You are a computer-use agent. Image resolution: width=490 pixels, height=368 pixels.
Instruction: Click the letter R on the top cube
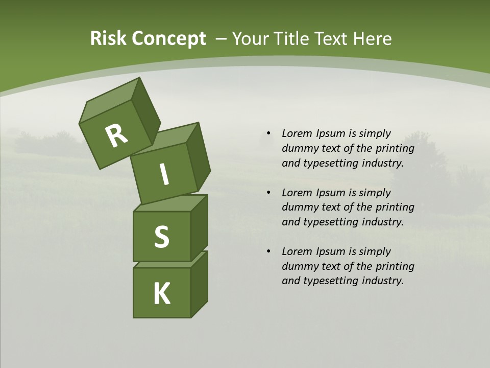click(x=116, y=136)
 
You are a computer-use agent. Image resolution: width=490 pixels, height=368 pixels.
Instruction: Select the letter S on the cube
click(x=161, y=237)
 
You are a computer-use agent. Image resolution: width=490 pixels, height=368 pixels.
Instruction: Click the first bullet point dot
click(x=268, y=133)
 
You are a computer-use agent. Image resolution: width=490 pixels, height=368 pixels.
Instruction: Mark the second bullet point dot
click(x=268, y=193)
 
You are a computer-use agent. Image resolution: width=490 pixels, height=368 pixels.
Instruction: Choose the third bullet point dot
click(x=268, y=251)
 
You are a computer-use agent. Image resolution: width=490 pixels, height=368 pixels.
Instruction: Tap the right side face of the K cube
click(x=199, y=285)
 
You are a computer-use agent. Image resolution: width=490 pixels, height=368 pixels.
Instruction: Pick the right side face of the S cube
click(x=199, y=227)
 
